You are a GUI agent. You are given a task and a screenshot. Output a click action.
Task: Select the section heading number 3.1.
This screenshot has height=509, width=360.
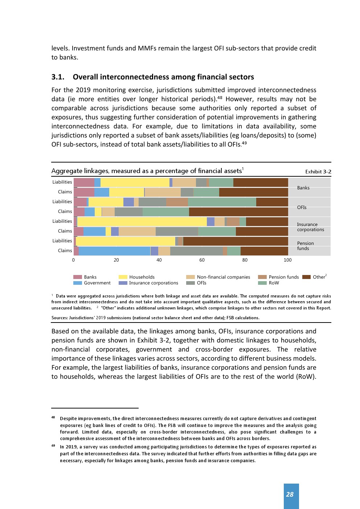(58, 77)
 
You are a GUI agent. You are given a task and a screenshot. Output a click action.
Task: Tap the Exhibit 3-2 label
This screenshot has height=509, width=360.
(318, 172)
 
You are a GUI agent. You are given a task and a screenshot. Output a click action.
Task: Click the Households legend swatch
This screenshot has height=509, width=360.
(123, 277)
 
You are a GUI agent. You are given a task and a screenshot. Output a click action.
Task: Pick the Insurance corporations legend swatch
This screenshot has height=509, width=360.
(123, 283)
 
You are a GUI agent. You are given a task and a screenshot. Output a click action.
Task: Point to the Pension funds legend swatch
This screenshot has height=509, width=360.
(262, 277)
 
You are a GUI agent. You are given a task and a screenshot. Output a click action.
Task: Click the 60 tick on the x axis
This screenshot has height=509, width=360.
(202, 260)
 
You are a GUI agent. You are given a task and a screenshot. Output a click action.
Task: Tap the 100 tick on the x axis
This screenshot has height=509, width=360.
(287, 260)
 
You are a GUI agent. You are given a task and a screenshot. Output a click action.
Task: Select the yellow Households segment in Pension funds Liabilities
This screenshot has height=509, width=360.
(125, 241)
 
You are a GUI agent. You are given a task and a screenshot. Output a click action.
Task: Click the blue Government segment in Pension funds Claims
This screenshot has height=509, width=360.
(114, 251)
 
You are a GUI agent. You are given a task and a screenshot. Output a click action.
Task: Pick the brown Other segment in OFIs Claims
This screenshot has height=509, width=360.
(238, 212)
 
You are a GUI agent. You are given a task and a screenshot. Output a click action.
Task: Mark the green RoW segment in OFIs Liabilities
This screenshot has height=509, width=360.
(222, 202)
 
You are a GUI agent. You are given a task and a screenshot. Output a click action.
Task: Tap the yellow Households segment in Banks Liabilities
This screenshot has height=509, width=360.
(135, 182)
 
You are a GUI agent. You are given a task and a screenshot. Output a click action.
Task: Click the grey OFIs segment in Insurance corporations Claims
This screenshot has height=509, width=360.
(177, 231)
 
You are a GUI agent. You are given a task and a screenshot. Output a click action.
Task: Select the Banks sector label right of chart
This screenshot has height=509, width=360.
(303, 188)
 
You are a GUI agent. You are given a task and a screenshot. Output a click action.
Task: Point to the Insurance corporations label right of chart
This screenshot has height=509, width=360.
(310, 227)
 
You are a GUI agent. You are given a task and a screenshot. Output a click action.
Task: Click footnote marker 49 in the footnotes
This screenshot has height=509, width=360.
(53, 446)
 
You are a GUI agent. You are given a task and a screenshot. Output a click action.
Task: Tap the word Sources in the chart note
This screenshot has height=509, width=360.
(59, 318)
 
